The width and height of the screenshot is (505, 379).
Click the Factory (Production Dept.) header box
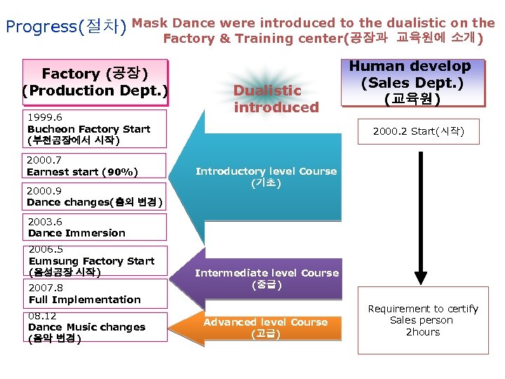coord(95,82)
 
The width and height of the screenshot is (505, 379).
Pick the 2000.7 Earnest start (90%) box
coord(95,166)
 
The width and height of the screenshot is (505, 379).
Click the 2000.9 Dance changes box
coord(95,197)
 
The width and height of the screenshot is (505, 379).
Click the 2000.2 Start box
coord(418,131)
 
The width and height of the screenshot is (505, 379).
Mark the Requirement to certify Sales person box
coord(422,320)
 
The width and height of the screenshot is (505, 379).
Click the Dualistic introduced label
coord(276,99)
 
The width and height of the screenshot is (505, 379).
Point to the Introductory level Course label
coord(266,177)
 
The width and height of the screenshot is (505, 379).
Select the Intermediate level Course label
coord(267,279)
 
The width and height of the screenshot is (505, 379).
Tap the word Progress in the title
coord(40,27)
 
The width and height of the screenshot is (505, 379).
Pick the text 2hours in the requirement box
coord(423,332)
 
